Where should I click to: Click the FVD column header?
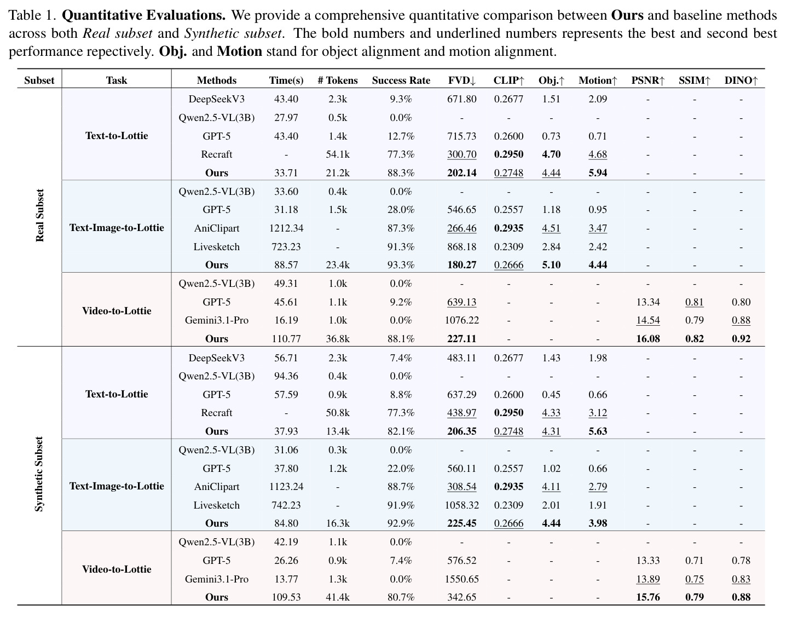tap(462, 80)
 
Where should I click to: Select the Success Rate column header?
tap(401, 80)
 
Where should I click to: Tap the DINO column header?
tap(741, 80)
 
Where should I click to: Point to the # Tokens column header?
tap(338, 80)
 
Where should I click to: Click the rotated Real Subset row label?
tap(39, 216)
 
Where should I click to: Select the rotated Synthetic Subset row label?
tap(39, 474)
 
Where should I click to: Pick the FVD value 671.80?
tap(462, 99)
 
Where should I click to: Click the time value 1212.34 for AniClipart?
tap(286, 228)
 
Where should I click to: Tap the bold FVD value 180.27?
tap(462, 265)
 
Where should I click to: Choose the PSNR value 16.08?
tap(648, 339)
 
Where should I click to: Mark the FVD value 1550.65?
tap(462, 579)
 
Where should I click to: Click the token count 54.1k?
tap(338, 154)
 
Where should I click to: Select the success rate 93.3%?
tap(401, 265)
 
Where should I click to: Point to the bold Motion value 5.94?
tap(598, 173)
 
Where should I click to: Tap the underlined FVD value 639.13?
tap(462, 302)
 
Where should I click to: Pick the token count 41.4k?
tap(338, 597)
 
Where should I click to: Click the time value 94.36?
tap(286, 376)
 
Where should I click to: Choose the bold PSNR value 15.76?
tap(648, 597)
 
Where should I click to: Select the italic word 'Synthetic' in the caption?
tap(213, 33)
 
